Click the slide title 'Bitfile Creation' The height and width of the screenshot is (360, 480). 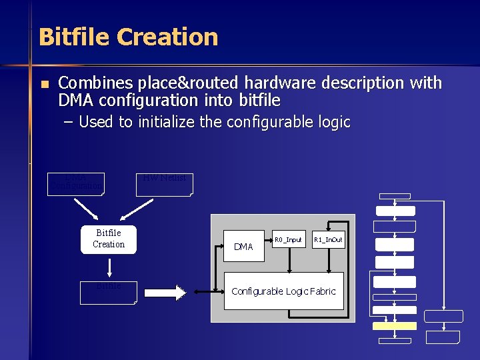pos(128,37)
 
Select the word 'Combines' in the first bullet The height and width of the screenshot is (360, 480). pos(95,83)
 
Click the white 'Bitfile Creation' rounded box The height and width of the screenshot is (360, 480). pos(109,239)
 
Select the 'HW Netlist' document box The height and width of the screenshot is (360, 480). pos(164,184)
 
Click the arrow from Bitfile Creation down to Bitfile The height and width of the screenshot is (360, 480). pos(109,267)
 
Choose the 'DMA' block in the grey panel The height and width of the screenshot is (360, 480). pos(244,247)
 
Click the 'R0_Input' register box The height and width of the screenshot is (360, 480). pos(288,239)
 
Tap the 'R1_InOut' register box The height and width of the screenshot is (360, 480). pos(328,239)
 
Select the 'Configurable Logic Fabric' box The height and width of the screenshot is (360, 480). pos(283,291)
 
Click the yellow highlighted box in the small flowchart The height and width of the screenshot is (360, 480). pos(395,326)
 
